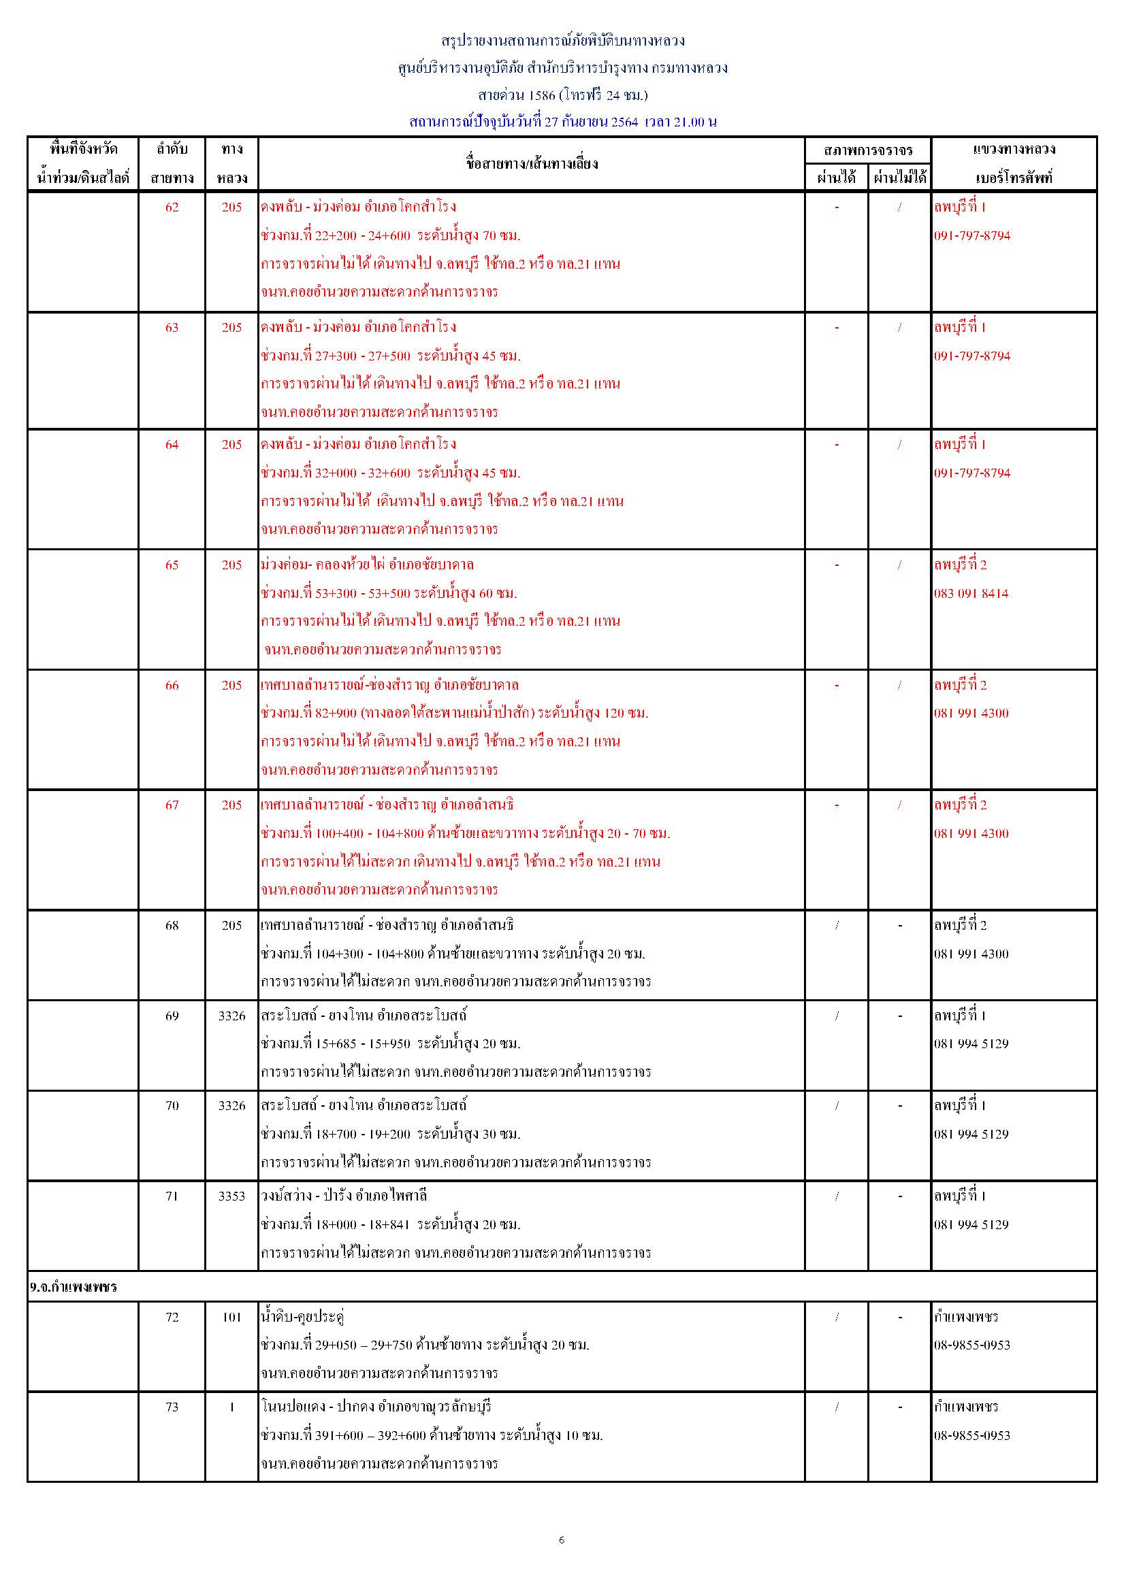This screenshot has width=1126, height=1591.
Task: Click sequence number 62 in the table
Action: pyautogui.click(x=172, y=207)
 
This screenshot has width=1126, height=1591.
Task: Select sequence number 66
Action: pyautogui.click(x=172, y=686)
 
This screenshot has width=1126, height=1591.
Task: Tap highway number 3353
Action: pyautogui.click(x=231, y=1196)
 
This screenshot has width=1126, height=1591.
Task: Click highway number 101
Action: pyautogui.click(x=231, y=1318)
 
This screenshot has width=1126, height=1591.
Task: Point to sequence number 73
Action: pyautogui.click(x=172, y=1407)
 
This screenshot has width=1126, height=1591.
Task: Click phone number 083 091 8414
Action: pyautogui.click(x=971, y=593)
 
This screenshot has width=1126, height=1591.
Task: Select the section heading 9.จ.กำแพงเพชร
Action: pyautogui.click(x=74, y=1287)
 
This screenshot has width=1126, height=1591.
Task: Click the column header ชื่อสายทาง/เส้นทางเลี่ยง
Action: pyautogui.click(x=531, y=163)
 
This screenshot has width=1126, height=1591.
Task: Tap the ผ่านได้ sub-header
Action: pyautogui.click(x=836, y=178)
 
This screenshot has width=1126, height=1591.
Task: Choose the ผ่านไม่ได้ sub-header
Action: pyautogui.click(x=899, y=178)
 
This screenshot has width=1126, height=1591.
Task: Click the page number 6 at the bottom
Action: pyautogui.click(x=562, y=1541)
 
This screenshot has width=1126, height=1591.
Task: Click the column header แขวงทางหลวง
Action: pyautogui.click(x=1014, y=149)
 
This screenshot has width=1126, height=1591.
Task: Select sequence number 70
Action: pyautogui.click(x=172, y=1106)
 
